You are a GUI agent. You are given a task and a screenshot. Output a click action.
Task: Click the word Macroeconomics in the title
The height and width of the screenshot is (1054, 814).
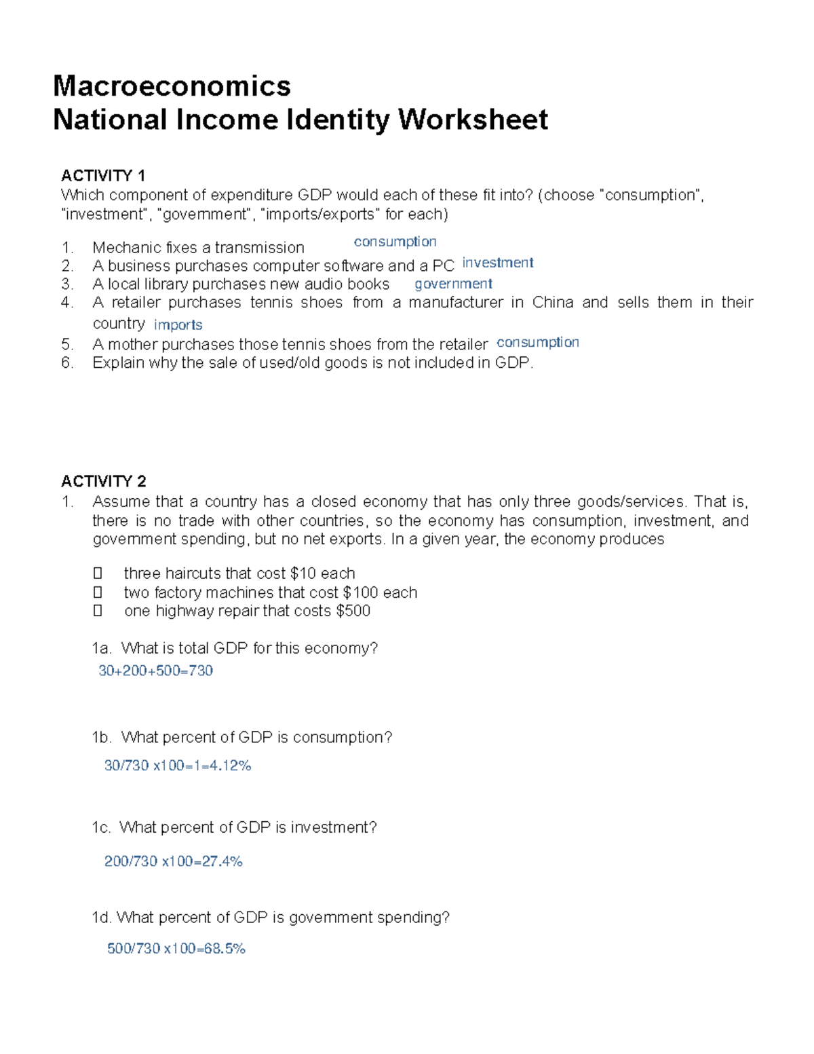pos(172,86)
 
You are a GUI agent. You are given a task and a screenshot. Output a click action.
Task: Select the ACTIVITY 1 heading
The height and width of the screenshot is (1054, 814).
pos(103,176)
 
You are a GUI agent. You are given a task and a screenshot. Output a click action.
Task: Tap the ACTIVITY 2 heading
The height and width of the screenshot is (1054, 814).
pos(103,481)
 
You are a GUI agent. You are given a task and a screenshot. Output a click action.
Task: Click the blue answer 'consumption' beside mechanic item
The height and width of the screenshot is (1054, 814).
pos(395,242)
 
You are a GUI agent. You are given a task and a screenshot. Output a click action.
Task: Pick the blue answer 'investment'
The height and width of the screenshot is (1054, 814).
pos(497,263)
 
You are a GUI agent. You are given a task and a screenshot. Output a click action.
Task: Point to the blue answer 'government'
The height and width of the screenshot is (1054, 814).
pos(453,284)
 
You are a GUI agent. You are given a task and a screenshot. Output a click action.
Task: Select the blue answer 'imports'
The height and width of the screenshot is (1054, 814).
pos(178,325)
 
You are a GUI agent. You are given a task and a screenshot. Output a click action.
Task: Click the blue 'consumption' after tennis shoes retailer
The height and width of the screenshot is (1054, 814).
pos(537,342)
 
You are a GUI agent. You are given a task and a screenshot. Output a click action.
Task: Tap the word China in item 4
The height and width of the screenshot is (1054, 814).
pos(552,302)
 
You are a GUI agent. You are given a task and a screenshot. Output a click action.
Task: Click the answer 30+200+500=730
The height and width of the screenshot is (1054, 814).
pos(155,671)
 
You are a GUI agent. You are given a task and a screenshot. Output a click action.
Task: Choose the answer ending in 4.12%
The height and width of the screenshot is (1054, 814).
pos(177,766)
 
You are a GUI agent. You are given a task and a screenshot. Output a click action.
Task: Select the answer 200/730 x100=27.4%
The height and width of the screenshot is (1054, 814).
pos(173,861)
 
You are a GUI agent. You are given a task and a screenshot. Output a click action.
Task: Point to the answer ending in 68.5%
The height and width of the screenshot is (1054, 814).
pos(176,948)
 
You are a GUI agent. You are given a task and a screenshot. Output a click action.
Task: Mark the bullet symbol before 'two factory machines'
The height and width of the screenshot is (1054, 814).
pos(98,592)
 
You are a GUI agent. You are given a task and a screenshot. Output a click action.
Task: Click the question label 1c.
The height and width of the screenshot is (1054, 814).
pos(100,827)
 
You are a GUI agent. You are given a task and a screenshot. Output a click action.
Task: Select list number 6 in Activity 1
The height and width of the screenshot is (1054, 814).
pos(66,362)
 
